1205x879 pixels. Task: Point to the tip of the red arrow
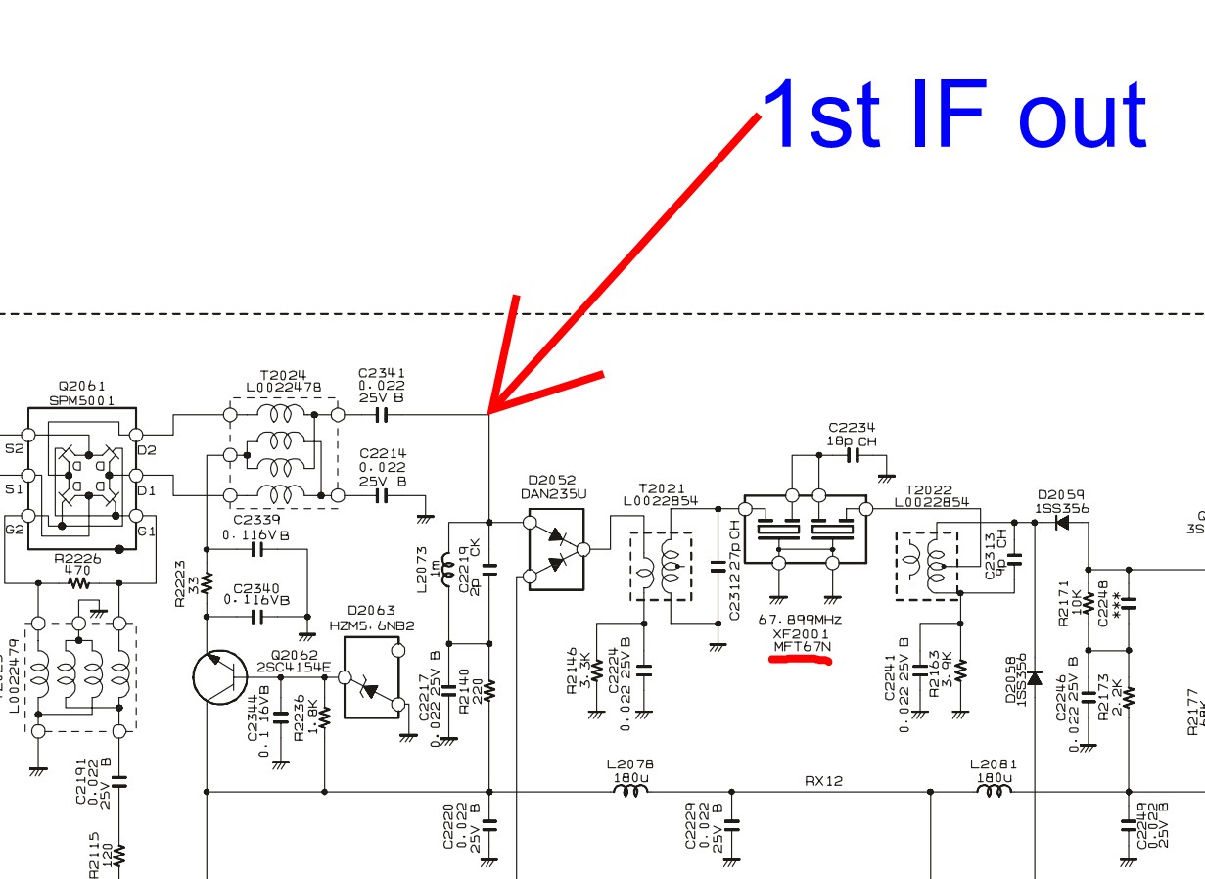point(489,412)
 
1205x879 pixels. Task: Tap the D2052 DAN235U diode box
point(555,549)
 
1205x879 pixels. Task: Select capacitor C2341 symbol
point(382,415)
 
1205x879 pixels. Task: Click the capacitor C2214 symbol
point(382,496)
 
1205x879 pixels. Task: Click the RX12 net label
point(823,781)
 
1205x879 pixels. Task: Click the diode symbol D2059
point(1062,522)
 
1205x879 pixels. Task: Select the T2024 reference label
point(283,374)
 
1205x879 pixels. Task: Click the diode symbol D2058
point(1035,677)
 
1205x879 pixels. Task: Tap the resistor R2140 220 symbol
point(489,689)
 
